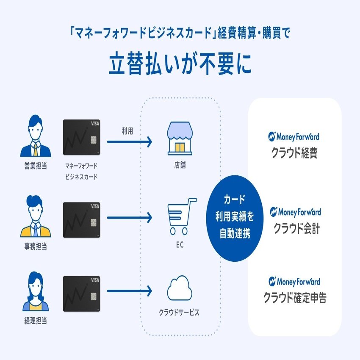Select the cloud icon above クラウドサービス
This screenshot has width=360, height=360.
pos(180,289)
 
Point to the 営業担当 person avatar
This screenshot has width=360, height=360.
pos(35,136)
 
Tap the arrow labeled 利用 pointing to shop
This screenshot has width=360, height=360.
pos(129,142)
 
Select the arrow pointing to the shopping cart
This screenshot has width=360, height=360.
pos(129,218)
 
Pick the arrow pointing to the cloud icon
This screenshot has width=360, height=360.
pos(129,291)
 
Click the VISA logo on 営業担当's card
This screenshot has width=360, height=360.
pos(94,124)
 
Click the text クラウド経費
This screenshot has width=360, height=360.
pos(294,153)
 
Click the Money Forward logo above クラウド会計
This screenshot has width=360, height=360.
pos(295,212)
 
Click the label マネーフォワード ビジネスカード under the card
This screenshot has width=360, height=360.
pos(81,171)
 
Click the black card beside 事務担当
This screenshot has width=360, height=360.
pos(81,220)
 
